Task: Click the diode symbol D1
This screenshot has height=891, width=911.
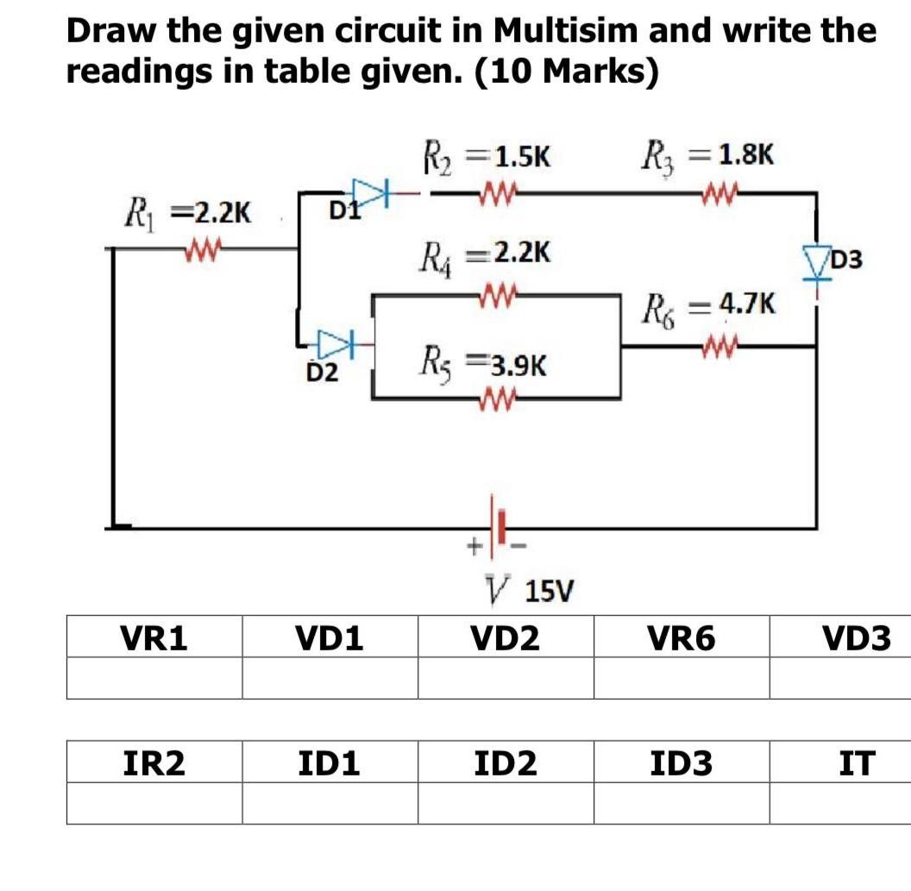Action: coord(372,188)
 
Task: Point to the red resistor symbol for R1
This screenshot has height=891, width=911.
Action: coord(204,251)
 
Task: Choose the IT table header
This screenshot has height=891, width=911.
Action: coord(856,762)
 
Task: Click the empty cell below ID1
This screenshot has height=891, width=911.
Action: coord(330,803)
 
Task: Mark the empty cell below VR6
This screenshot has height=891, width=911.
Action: coord(681,678)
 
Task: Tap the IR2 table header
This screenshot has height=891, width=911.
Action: coord(154,762)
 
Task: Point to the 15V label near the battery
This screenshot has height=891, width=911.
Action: coord(549,592)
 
